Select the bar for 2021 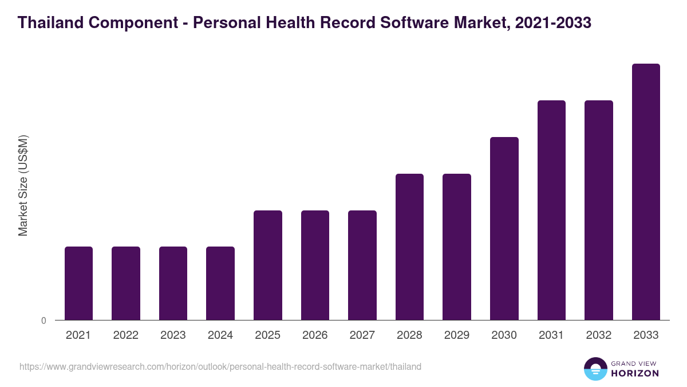click(x=78, y=283)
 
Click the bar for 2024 click(x=220, y=283)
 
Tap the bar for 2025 click(x=268, y=265)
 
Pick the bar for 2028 click(x=409, y=247)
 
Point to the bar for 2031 click(x=551, y=210)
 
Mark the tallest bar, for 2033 click(x=646, y=191)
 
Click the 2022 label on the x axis click(x=126, y=335)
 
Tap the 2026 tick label click(x=315, y=335)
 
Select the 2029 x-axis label click(x=457, y=335)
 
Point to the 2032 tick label click(x=599, y=335)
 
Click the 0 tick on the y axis click(x=44, y=321)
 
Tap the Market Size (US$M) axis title click(x=23, y=185)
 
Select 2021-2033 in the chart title click(x=553, y=23)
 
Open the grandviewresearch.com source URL click(x=220, y=366)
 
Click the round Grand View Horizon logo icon click(x=595, y=369)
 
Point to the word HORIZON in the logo click(x=635, y=373)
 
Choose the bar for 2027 click(x=362, y=265)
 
